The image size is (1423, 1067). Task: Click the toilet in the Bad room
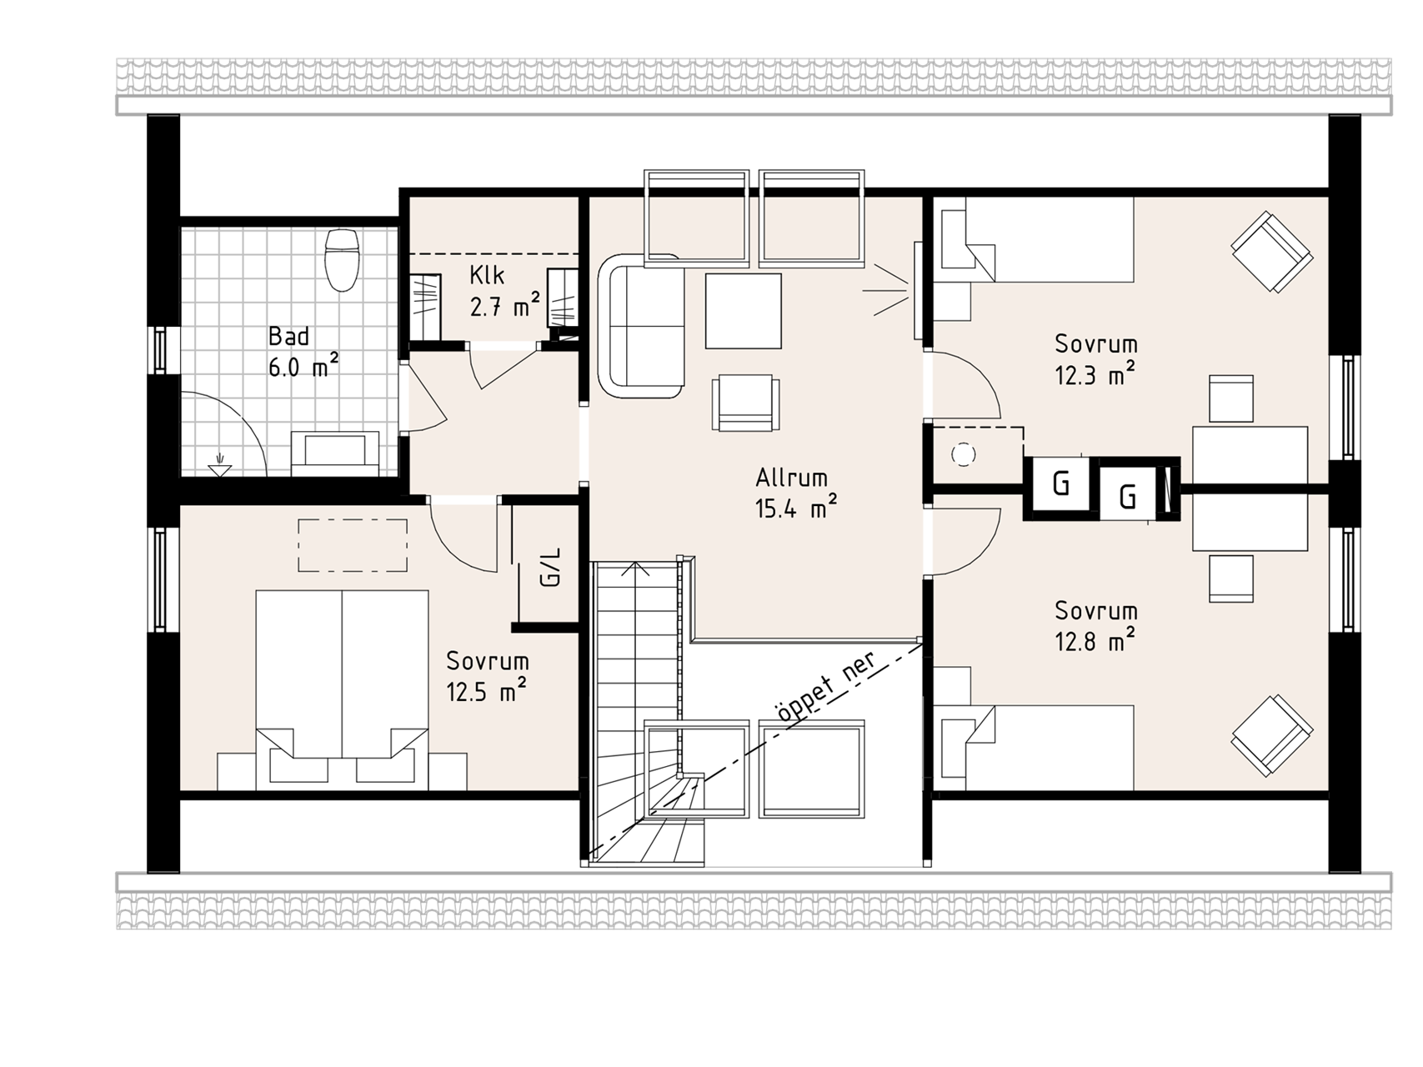click(342, 259)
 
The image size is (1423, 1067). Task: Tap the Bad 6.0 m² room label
click(303, 352)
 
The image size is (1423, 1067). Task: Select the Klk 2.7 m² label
click(504, 291)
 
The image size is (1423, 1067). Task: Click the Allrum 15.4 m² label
click(796, 493)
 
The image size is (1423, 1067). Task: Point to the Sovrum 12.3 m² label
click(1095, 359)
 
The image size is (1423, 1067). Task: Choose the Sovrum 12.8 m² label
click(1095, 626)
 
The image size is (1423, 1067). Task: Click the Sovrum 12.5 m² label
click(487, 676)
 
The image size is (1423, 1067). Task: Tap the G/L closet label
click(550, 568)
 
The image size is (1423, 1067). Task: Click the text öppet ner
click(825, 689)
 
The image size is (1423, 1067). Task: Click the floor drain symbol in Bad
click(219, 466)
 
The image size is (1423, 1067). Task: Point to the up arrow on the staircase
click(636, 569)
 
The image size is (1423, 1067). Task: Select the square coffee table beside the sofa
click(744, 311)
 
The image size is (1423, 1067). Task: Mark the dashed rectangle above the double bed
click(353, 545)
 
